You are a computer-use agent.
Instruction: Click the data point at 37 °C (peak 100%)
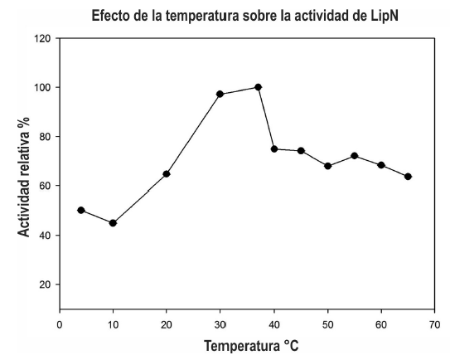point(258,87)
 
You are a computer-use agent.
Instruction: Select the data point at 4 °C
point(81,210)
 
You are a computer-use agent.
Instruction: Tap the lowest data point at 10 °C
point(113,222)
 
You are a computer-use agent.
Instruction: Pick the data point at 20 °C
point(167,173)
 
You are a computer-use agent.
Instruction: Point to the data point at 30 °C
point(220,94)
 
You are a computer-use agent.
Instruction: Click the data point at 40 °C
point(274,148)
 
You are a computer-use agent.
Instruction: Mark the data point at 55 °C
point(354,156)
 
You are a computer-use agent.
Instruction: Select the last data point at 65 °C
point(408,177)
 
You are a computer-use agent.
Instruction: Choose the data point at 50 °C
point(327,166)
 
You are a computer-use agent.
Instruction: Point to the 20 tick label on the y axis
point(46,285)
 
